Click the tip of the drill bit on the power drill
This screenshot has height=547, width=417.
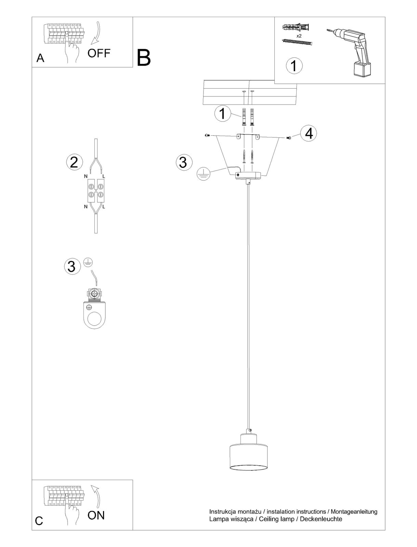327,30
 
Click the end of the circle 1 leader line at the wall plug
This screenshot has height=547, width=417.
241,117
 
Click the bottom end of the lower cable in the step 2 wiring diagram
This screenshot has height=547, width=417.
96,233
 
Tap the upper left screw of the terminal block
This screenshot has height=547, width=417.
91,186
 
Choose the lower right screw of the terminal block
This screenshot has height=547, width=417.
101,194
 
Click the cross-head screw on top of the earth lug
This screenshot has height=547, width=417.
94,294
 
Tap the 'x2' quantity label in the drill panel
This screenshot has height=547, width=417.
299,36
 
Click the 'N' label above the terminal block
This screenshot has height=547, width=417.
86,176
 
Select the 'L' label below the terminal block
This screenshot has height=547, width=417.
104,206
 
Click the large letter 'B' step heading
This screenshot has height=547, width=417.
144,57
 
